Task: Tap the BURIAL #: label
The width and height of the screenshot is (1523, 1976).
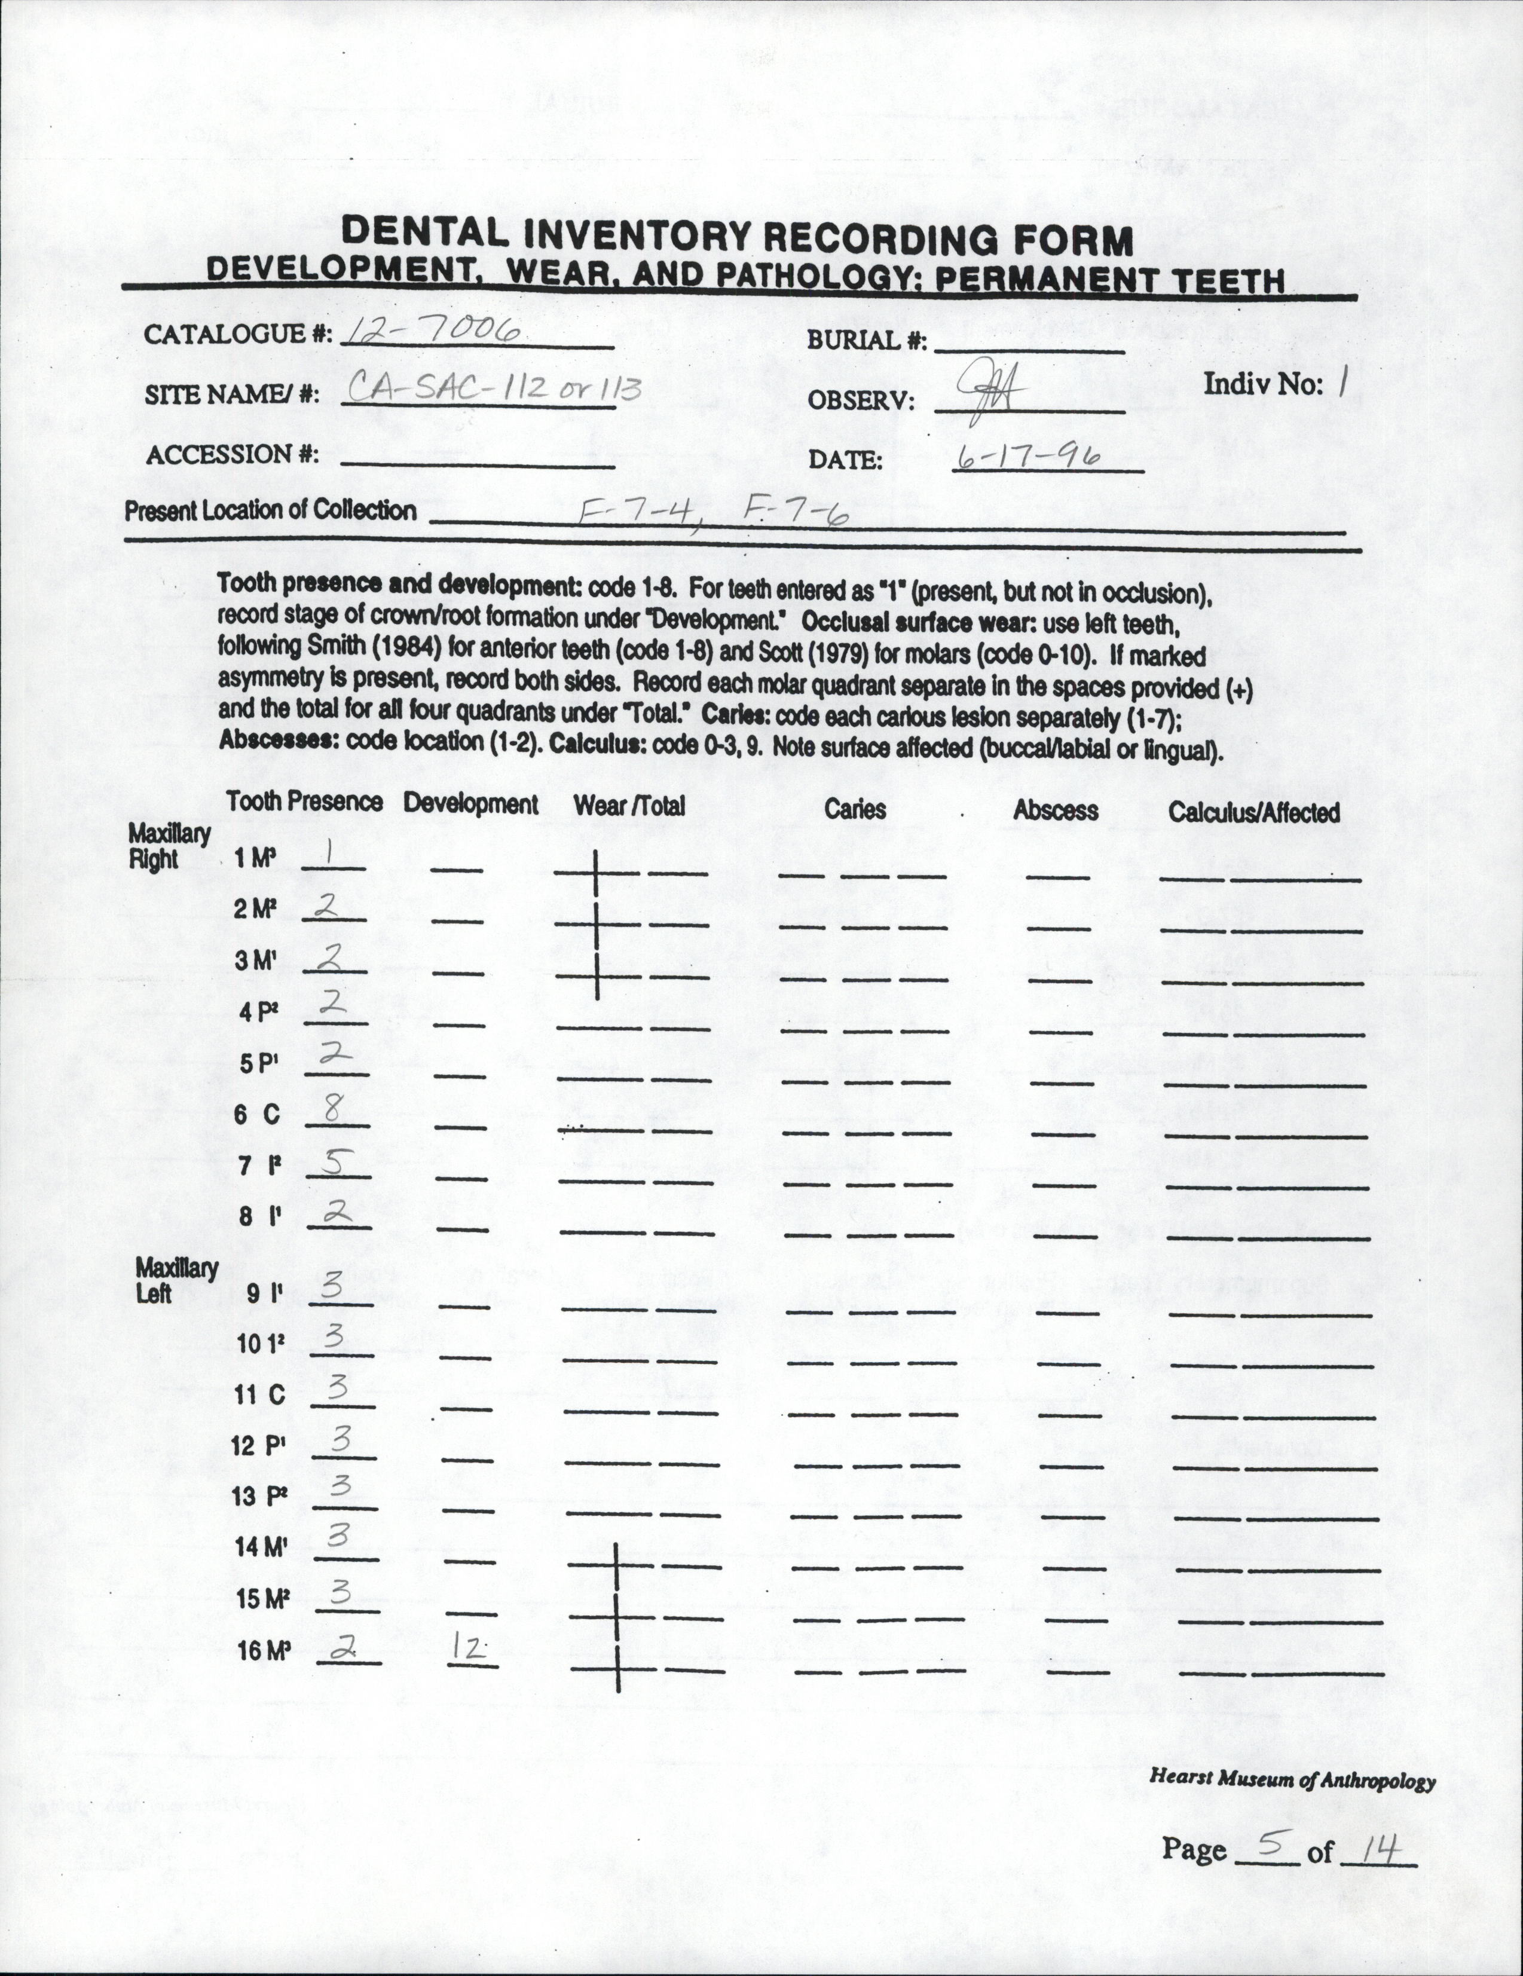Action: [867, 342]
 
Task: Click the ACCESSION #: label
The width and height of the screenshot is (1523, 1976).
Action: [233, 454]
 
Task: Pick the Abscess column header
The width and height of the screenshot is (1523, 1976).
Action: [1055, 810]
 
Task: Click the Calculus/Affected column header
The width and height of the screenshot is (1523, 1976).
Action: [1253, 812]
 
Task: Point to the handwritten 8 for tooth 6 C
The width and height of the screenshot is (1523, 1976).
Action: [332, 1110]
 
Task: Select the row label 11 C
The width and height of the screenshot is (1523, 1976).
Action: [260, 1395]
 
